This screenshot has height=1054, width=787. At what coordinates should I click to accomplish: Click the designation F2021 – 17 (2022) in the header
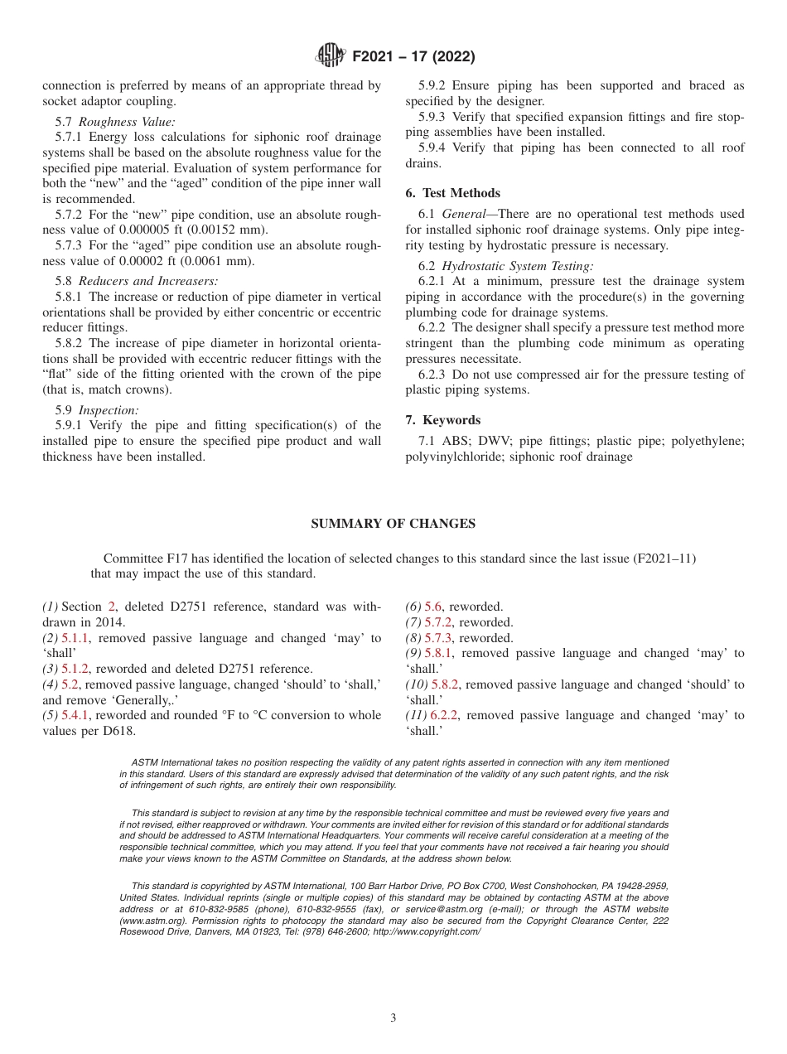(413, 57)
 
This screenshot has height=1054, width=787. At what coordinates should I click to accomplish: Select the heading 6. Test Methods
(452, 193)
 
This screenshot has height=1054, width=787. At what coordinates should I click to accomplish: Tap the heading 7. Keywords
(442, 420)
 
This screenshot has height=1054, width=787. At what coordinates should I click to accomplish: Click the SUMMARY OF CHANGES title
(393, 524)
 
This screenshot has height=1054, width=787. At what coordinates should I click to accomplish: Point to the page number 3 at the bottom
(393, 1018)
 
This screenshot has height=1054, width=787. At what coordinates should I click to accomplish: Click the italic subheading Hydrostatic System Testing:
(517, 266)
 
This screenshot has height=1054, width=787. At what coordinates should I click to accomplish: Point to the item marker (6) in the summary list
(413, 607)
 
